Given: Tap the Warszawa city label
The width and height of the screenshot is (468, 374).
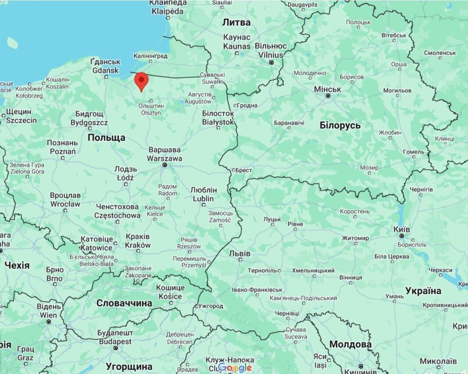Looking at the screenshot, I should click(164, 158).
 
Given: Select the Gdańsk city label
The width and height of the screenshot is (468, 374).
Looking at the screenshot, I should click(105, 71).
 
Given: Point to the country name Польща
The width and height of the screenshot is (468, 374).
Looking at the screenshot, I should click(106, 138).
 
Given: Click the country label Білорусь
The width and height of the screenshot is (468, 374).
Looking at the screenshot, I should click(340, 125).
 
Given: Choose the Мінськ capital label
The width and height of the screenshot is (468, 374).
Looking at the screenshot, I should click(328, 89).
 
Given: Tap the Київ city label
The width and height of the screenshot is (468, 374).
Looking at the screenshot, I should click(402, 229).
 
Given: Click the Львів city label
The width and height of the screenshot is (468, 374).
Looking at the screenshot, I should click(240, 254).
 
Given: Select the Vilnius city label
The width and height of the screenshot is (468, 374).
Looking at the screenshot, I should click(271, 55).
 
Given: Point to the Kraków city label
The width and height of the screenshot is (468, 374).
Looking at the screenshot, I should click(138, 245).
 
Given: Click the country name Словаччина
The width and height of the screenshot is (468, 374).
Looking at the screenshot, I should click(124, 303).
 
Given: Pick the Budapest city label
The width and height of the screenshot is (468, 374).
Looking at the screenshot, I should click(115, 341).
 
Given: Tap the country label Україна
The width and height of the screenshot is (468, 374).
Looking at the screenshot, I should click(423, 290).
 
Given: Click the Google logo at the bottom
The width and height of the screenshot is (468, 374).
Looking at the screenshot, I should click(235, 368).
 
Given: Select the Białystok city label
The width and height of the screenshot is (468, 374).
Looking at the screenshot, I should click(218, 122).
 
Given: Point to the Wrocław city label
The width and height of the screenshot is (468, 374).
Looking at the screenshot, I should click(65, 204).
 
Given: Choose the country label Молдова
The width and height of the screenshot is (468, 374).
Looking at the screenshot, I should click(350, 344).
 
